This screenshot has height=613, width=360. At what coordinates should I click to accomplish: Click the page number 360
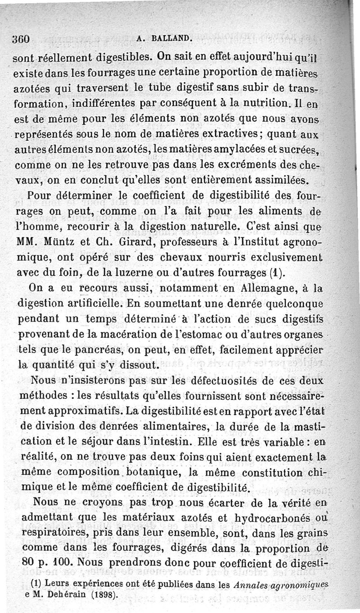tap(22, 39)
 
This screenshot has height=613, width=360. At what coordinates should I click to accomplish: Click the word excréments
tap(253, 165)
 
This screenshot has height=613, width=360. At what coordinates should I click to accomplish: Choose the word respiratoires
tap(54, 533)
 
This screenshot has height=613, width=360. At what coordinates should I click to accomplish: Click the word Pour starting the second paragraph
tap(40, 196)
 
